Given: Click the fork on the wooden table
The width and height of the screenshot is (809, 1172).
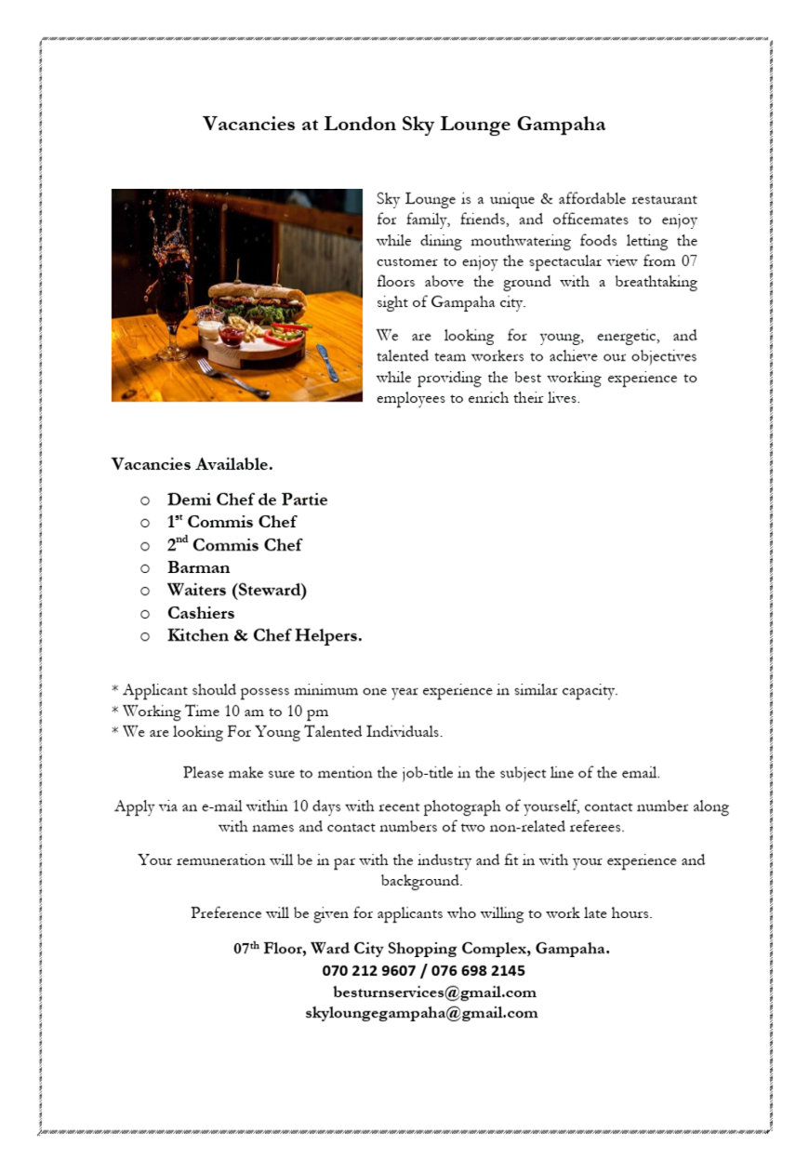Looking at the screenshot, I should (x=232, y=379).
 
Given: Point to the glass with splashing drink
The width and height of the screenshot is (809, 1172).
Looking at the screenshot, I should (x=172, y=312).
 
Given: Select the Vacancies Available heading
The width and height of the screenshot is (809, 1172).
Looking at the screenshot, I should (x=192, y=463).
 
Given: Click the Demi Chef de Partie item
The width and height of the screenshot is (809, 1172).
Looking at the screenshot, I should (x=247, y=499).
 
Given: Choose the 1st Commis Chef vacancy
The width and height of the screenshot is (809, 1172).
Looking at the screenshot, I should (x=232, y=522).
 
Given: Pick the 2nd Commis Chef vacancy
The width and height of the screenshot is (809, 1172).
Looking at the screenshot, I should (x=234, y=545).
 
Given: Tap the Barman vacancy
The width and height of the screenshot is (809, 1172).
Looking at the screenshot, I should (x=198, y=567).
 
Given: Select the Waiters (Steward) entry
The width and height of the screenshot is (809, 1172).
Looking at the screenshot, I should (x=237, y=590).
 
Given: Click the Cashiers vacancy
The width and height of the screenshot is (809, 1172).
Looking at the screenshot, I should (x=201, y=613).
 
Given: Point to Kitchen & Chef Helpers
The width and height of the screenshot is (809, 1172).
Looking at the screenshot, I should (x=265, y=636).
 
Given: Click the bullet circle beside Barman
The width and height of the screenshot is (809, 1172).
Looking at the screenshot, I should (x=145, y=568).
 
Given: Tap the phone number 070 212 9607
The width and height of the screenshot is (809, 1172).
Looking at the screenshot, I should (x=369, y=971).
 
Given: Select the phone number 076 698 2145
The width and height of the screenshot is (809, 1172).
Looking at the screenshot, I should (x=478, y=971).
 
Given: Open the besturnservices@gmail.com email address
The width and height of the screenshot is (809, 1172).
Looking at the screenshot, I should (x=434, y=992).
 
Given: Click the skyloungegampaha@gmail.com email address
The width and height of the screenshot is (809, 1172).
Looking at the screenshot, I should (x=421, y=1013).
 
